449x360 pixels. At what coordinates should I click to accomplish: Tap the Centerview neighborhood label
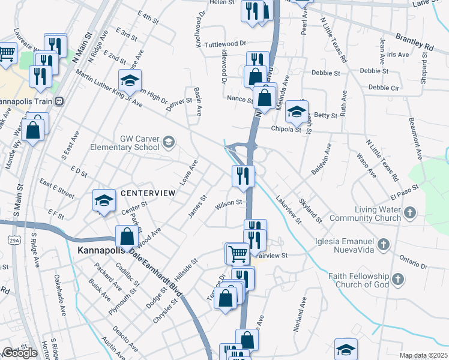(147, 193)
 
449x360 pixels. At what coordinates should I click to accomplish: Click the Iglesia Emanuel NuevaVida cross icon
(384, 244)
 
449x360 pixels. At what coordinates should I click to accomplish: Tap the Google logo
(20, 353)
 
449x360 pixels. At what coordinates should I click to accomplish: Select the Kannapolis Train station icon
(59, 101)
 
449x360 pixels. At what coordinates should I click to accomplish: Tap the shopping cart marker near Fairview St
(237, 253)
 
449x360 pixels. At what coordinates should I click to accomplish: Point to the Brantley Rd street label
(414, 41)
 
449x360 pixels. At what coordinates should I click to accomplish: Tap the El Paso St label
(402, 196)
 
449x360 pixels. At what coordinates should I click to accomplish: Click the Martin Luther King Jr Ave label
(108, 88)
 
